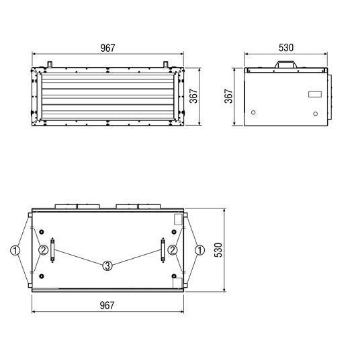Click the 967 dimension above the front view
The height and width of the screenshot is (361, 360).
click(107, 48)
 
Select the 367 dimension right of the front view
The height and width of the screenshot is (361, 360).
click(193, 96)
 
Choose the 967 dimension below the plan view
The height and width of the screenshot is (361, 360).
click(107, 305)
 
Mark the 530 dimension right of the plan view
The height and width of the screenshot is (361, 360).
click(218, 249)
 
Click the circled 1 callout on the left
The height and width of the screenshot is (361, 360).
click(15, 250)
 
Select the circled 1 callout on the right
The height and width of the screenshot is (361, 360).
click(199, 250)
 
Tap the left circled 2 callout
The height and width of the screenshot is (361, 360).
click(43, 250)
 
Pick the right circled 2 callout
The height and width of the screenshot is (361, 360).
click(173, 250)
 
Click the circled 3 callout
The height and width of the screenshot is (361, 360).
click(107, 266)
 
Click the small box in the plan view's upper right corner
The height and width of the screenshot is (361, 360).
click(177, 218)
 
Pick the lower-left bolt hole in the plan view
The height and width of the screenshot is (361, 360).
click(42, 277)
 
